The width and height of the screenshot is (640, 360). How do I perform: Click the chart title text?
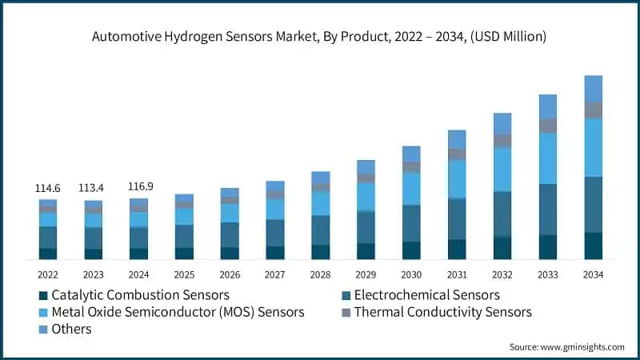click(320, 36)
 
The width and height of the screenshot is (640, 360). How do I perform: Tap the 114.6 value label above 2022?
click(48, 188)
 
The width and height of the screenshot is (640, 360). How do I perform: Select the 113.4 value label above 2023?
click(94, 189)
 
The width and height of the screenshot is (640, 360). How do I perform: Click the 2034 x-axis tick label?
click(593, 274)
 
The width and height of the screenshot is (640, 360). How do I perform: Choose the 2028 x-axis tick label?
click(320, 274)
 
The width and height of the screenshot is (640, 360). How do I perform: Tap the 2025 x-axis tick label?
click(184, 274)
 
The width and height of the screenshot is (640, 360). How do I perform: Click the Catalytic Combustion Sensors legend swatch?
click(42, 295)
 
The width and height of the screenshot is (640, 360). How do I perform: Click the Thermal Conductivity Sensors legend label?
click(442, 312)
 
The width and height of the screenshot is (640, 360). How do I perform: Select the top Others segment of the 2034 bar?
click(593, 88)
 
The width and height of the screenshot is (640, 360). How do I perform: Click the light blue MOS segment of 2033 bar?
click(547, 158)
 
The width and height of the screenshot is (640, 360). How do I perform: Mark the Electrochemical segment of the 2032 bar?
click(502, 214)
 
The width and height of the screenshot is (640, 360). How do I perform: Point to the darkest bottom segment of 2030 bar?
click(411, 250)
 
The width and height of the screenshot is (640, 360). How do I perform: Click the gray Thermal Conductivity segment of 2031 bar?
click(457, 154)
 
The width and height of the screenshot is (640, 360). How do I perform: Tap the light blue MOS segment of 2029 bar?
click(366, 196)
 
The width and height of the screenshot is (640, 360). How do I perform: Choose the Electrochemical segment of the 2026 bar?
click(230, 234)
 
